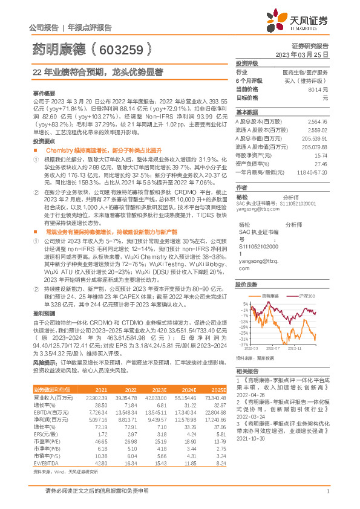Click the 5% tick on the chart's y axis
(245, 303)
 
